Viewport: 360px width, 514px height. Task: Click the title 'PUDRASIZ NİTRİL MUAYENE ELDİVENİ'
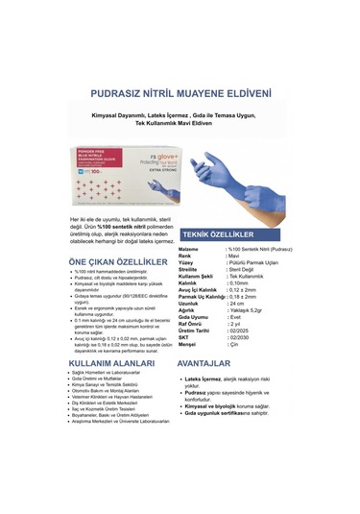tap(180, 94)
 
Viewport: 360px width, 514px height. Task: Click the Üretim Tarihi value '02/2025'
tap(239, 331)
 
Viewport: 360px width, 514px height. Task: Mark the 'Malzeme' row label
tap(192, 249)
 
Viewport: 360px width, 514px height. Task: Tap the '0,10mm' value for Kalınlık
tap(239, 283)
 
